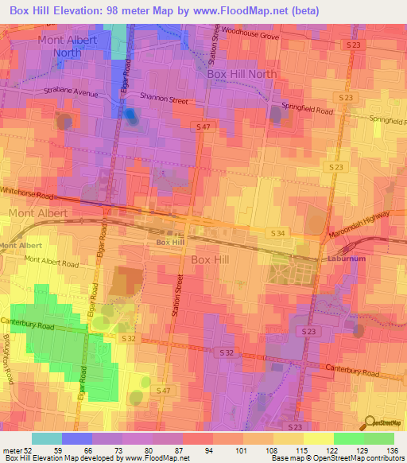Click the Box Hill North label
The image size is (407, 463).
point(242,74)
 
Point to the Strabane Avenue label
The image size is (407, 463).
point(71,93)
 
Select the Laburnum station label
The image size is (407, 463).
point(345,259)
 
